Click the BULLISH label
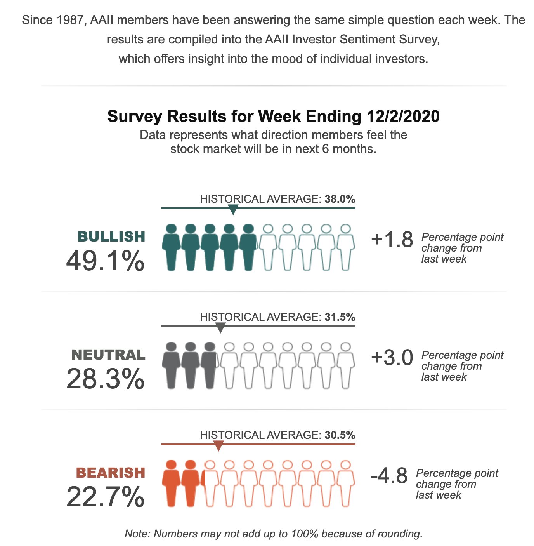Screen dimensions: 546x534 point(111,236)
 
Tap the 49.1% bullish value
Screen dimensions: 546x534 point(105,261)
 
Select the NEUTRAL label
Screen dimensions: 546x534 point(108,355)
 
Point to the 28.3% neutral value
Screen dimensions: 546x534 point(105,379)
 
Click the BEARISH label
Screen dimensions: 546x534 point(111,473)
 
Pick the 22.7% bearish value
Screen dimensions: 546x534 point(105,497)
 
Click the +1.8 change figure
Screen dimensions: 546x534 point(392,240)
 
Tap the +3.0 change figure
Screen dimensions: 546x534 point(392,358)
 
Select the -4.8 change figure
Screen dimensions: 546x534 point(389,476)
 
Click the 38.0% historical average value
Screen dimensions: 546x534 point(340,199)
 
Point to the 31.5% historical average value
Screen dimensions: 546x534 point(340,317)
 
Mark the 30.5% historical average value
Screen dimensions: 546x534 point(340,435)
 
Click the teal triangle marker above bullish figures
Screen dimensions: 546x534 point(233,210)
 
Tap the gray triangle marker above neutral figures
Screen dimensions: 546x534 point(220,328)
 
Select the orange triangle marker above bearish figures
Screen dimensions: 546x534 point(218,446)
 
